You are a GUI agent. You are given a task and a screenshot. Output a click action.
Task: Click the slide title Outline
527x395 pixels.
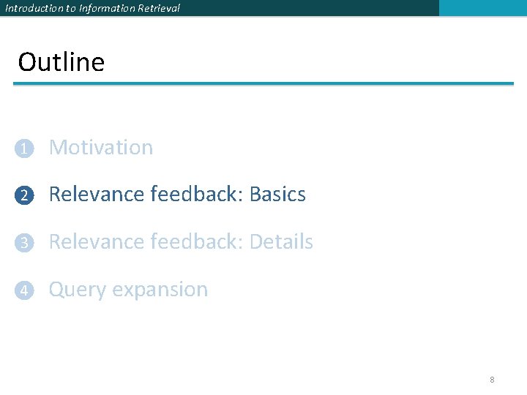click(x=61, y=62)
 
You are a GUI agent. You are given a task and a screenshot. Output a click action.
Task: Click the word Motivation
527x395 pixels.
click(x=101, y=148)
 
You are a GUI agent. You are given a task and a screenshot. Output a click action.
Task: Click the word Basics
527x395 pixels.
click(x=277, y=195)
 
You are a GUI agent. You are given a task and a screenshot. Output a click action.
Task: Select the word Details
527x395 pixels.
click(x=281, y=242)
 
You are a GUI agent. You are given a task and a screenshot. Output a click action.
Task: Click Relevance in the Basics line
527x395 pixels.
click(x=97, y=195)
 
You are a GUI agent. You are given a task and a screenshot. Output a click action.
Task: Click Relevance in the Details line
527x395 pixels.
click(x=97, y=242)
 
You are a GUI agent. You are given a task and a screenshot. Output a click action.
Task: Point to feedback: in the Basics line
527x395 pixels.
click(x=197, y=195)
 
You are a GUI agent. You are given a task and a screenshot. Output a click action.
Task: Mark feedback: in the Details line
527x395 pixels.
click(x=197, y=242)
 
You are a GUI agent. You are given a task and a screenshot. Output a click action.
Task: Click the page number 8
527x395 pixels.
click(x=492, y=380)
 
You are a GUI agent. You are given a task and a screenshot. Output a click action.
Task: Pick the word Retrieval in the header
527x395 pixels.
click(x=159, y=8)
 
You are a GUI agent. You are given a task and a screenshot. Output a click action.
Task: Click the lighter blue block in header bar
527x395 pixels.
click(x=482, y=8)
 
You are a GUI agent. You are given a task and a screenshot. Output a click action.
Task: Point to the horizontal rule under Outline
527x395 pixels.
click(x=263, y=84)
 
